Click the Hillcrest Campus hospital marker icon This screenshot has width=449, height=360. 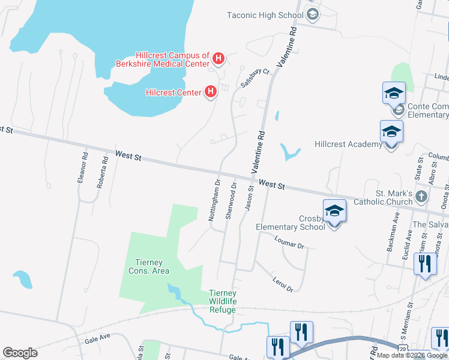click(x=219, y=59)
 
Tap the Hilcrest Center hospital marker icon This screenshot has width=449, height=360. click(x=210, y=92)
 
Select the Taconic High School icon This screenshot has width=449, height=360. click(x=312, y=15)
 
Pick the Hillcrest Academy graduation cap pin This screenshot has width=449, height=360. click(x=391, y=132)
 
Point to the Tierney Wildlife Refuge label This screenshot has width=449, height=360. click(x=222, y=302)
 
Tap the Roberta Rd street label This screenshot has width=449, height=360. click(x=102, y=171)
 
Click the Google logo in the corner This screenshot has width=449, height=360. click(x=20, y=353)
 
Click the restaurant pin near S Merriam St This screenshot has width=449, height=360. click(x=425, y=265)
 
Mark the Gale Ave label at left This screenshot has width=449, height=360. click(x=98, y=340)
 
